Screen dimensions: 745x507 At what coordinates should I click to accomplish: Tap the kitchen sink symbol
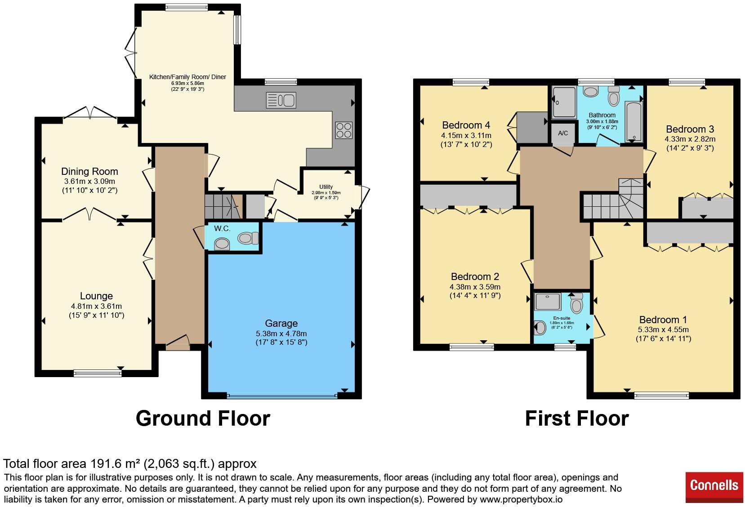281,100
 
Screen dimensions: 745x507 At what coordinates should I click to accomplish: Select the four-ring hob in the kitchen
344,130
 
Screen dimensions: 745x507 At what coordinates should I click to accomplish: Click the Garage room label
281,323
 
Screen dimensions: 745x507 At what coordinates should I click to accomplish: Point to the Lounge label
97,296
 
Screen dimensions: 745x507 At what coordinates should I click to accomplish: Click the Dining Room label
89,171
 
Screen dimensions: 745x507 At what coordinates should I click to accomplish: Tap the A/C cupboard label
563,133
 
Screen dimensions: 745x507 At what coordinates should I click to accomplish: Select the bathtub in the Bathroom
633,122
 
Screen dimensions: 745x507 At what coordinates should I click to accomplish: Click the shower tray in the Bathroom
564,102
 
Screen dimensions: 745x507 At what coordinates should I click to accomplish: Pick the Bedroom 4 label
466,125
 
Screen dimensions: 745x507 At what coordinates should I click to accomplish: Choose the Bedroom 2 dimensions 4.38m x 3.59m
475,287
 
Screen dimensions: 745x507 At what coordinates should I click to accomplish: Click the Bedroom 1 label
663,320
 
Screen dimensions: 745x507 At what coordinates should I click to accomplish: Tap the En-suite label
562,318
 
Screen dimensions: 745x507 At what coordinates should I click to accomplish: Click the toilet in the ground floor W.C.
248,238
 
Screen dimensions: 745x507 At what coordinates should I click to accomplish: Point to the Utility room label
326,187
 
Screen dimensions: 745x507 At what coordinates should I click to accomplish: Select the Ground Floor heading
203,418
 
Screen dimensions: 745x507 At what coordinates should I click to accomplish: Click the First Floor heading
577,418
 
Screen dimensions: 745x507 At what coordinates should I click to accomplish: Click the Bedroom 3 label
690,129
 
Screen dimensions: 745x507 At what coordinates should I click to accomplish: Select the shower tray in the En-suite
548,302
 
